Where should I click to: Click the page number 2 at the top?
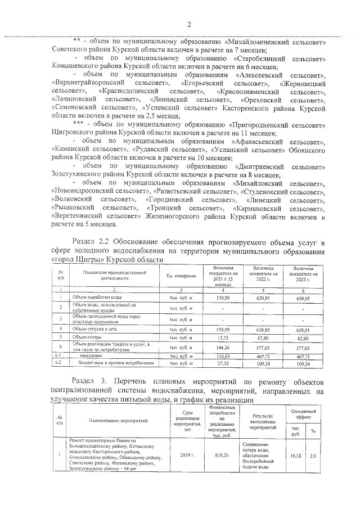click(x=190, y=24)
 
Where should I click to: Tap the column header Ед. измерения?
click(x=181, y=276)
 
